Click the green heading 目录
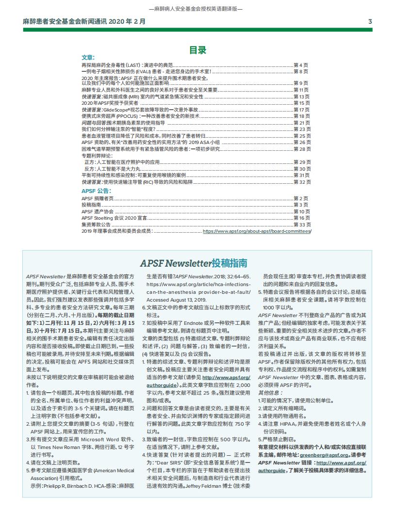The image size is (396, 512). click(198, 50)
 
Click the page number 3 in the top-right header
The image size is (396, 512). click(370, 22)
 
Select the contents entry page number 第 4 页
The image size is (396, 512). click(301, 64)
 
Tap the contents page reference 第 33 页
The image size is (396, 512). click(302, 225)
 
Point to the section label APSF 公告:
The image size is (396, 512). click(96, 191)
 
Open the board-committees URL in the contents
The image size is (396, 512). click(257, 231)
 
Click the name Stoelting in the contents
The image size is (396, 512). click(103, 218)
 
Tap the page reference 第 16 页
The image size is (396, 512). click(302, 218)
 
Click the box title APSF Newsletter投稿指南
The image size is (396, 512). click(194, 263)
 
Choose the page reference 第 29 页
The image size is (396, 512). click(302, 161)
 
